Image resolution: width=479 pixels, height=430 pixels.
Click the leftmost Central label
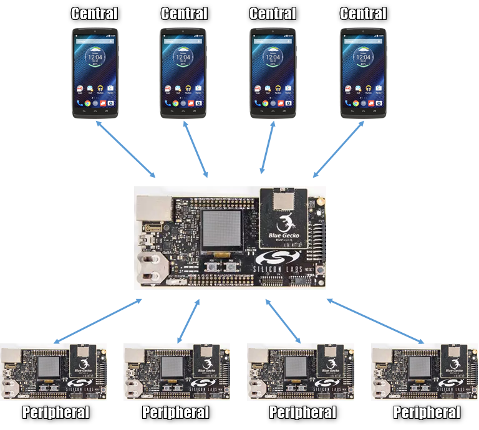[x=94, y=13]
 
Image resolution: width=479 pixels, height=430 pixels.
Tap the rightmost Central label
[x=364, y=13]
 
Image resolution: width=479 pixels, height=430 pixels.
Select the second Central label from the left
[x=184, y=13]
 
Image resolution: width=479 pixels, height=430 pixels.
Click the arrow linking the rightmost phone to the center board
[x=338, y=149]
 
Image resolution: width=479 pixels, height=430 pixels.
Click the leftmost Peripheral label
[x=56, y=413]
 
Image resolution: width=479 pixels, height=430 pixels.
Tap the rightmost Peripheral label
[x=427, y=413]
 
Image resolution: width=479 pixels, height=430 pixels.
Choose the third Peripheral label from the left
[x=302, y=413]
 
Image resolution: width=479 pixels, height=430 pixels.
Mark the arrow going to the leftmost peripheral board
[x=97, y=322]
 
